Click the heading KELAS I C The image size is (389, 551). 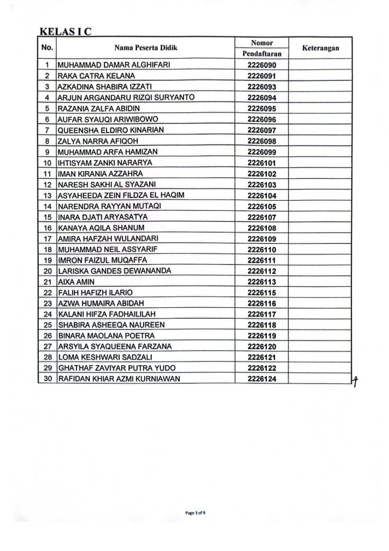click(64, 31)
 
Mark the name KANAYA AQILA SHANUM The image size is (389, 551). click(96, 228)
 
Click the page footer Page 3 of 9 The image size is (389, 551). click(196, 513)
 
